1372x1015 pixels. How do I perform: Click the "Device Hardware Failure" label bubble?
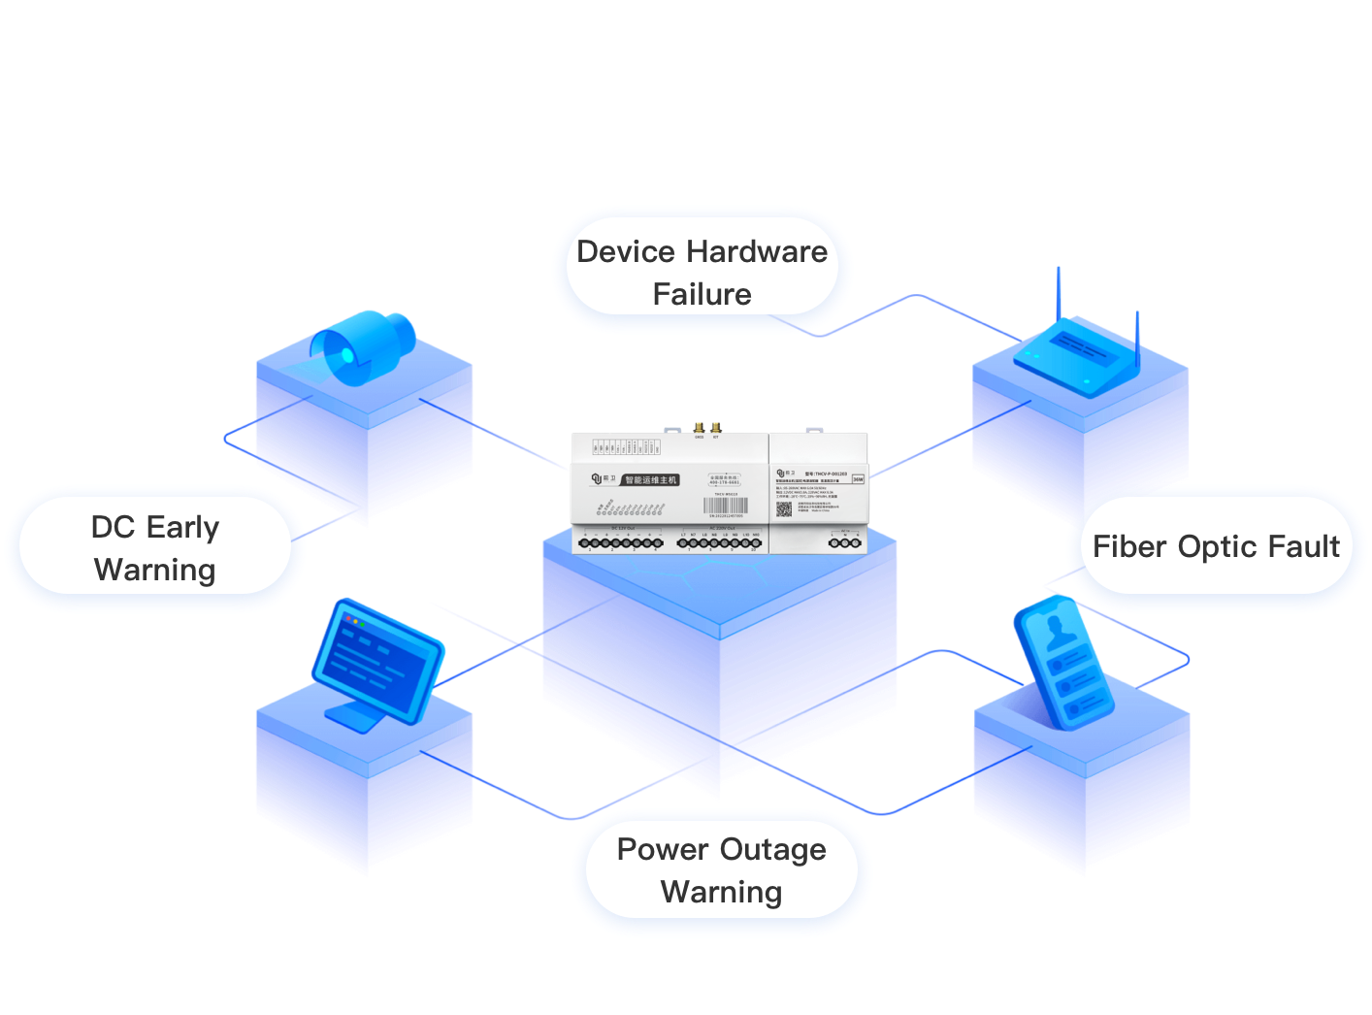[x=702, y=272]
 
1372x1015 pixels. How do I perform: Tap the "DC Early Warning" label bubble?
[x=155, y=548]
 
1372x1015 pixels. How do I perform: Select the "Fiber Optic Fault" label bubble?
[x=1216, y=547]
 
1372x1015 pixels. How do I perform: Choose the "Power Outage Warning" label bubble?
[x=721, y=870]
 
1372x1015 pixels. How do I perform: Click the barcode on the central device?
[x=726, y=506]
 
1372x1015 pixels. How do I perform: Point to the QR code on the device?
[x=784, y=507]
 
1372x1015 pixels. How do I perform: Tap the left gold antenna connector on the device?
[x=698, y=427]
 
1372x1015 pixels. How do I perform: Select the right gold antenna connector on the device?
[x=716, y=427]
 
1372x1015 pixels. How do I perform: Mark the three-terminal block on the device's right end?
[x=844, y=542]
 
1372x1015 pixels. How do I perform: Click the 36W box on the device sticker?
[x=857, y=478]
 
